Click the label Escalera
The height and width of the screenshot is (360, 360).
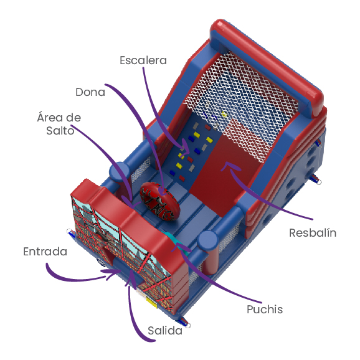pyautogui.click(x=143, y=60)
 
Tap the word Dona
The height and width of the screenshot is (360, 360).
pyautogui.click(x=90, y=92)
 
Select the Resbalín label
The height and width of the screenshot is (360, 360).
pyautogui.click(x=313, y=233)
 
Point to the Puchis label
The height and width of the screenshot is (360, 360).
pyautogui.click(x=265, y=310)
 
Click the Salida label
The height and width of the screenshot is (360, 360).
pyautogui.click(x=165, y=331)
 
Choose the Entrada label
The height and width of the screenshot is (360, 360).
pyautogui.click(x=45, y=252)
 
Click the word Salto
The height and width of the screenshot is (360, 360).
pyautogui.click(x=60, y=131)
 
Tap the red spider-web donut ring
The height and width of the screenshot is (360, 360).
pyautogui.click(x=160, y=201)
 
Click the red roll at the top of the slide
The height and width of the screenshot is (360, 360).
pyautogui.click(x=267, y=67)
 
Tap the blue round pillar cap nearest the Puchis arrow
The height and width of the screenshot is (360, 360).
pyautogui.click(x=208, y=240)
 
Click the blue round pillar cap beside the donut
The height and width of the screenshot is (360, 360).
pyautogui.click(x=120, y=172)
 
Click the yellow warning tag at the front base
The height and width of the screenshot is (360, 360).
pyautogui.click(x=151, y=301)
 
